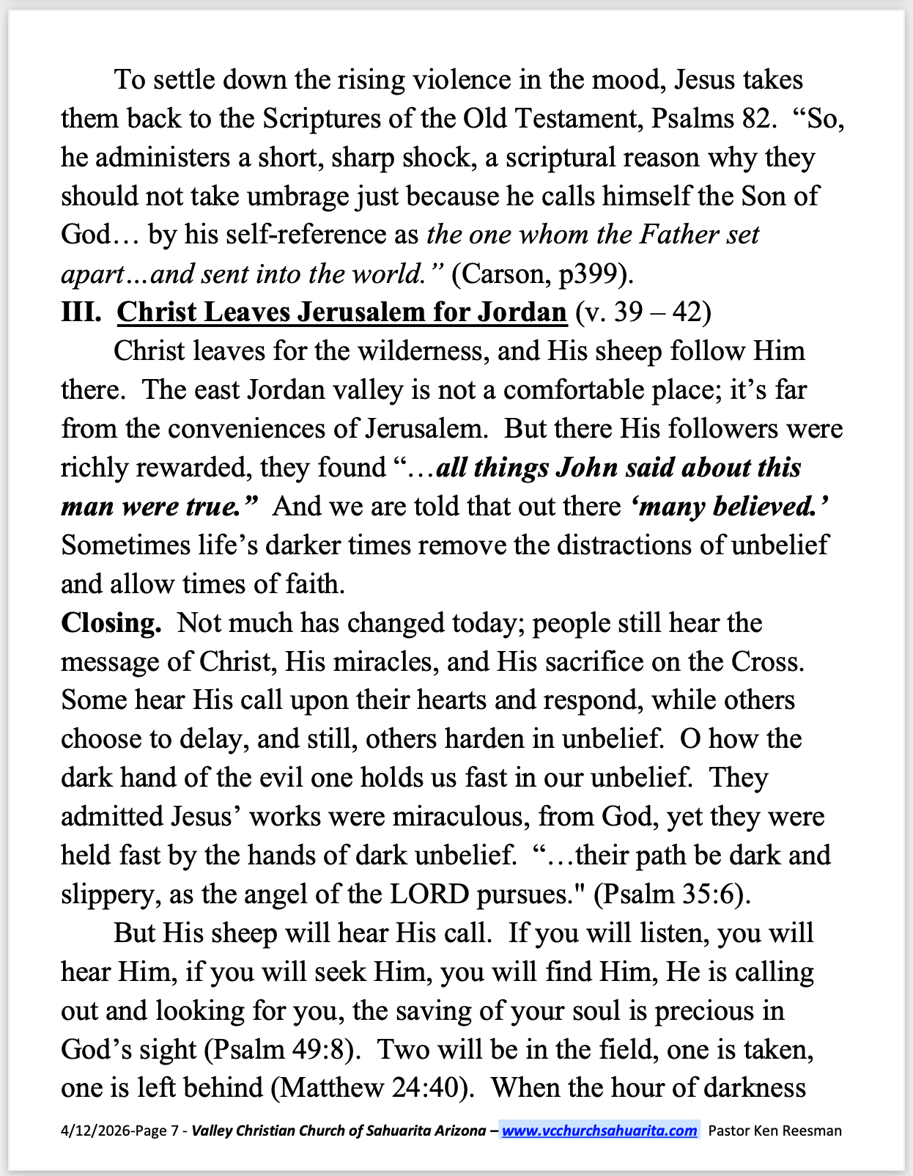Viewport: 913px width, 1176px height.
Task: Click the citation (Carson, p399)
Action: [x=542, y=274]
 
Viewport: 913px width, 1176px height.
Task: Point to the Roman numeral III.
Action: [x=81, y=312]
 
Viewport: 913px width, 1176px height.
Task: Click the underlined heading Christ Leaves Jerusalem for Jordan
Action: [x=341, y=312]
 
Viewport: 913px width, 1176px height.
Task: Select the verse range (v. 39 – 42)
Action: [x=643, y=312]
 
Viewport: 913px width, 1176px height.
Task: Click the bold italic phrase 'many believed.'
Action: [x=729, y=507]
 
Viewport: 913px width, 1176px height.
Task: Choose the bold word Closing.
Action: [x=111, y=623]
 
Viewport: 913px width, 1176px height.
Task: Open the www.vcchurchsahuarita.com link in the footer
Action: [x=599, y=1131]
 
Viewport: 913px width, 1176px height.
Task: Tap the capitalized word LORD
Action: [x=429, y=894]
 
